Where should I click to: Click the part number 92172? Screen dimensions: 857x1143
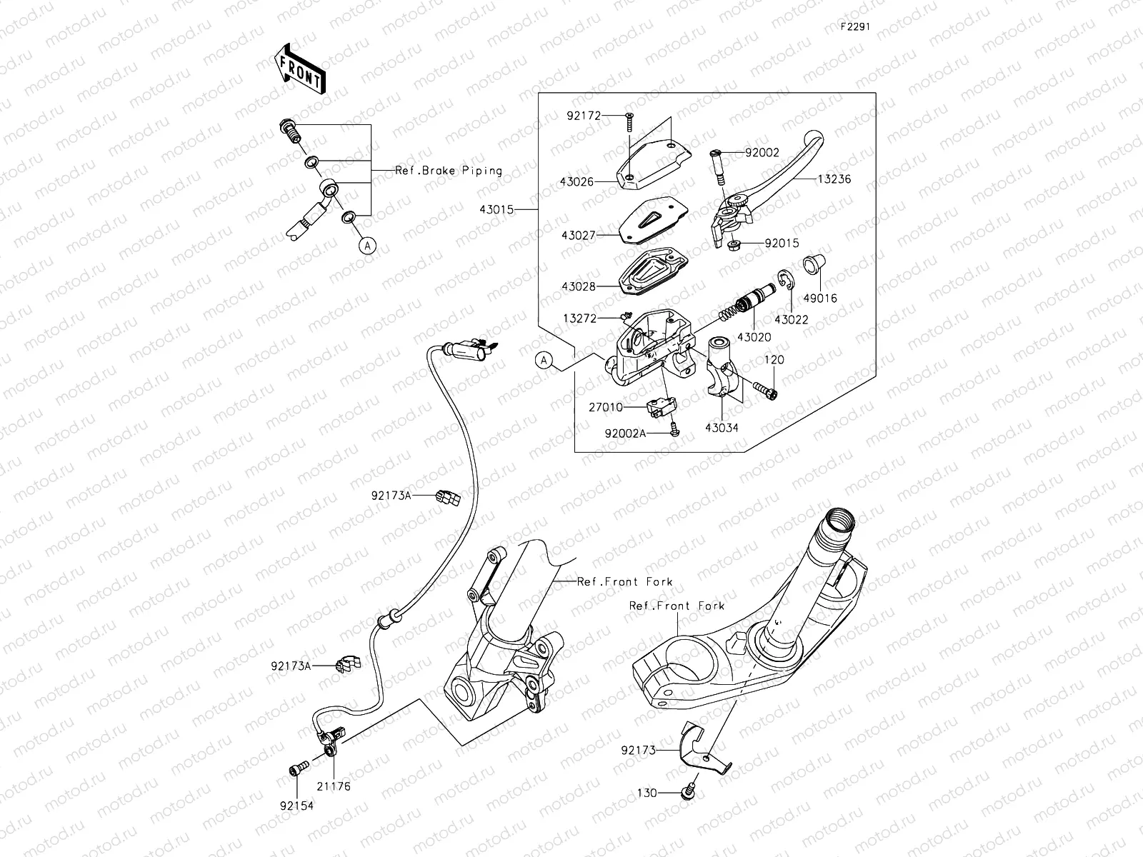click(x=584, y=114)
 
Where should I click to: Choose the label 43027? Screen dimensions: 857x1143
click(x=578, y=234)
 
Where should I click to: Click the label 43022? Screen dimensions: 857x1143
click(x=792, y=320)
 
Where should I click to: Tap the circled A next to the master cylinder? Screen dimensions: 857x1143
click(x=545, y=361)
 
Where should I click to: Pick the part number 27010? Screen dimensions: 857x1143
click(x=606, y=407)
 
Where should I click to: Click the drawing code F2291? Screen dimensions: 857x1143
click(x=854, y=26)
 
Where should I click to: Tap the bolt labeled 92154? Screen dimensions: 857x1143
click(x=297, y=768)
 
